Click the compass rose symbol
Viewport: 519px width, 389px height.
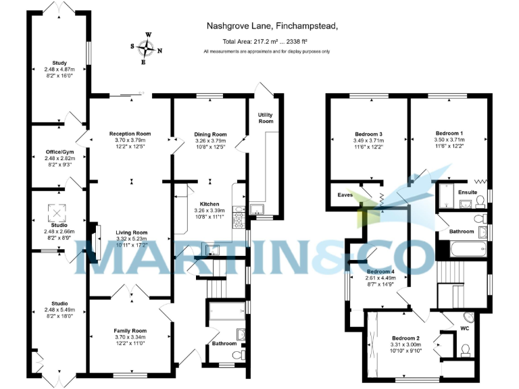tap(146, 48)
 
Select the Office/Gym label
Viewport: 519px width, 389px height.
tap(57, 153)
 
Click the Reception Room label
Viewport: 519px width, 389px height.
tap(129, 134)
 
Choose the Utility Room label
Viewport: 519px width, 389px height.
tap(266, 118)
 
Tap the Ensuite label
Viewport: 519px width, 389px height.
tap(468, 192)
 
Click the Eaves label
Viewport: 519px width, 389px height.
tap(344, 195)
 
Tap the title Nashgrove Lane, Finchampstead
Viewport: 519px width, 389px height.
tap(272, 26)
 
